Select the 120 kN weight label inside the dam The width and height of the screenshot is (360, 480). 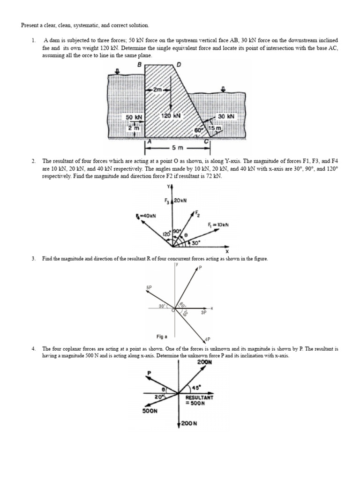pos(170,115)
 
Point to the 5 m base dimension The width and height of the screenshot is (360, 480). pos(178,148)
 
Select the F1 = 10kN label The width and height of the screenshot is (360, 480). pos(217,225)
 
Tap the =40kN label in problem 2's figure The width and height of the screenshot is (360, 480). pos(146,216)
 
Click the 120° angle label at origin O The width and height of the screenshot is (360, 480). pos(166,233)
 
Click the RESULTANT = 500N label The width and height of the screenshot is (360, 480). pos(200,400)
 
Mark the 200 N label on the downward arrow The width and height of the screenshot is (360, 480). pos(189,423)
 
